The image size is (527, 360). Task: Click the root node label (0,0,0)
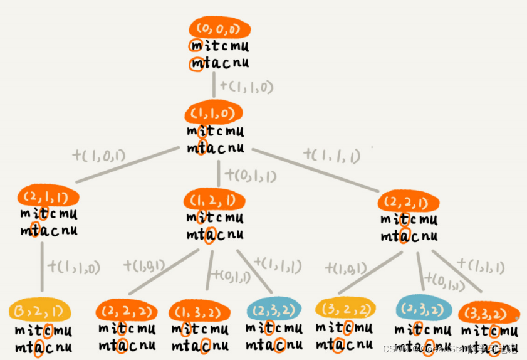pos(219,29)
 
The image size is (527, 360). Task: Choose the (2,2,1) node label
pos(409,203)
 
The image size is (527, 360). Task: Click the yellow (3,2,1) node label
pos(39,310)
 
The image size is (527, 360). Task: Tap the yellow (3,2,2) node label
pos(345,309)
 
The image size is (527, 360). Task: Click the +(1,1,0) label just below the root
pos(247,87)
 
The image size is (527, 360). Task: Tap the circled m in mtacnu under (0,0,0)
pos(196,63)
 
